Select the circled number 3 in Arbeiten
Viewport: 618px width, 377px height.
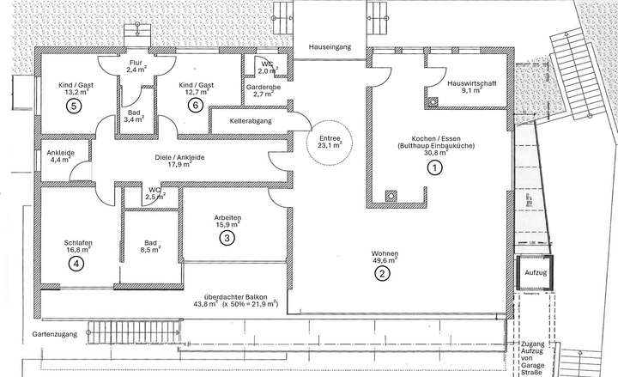(227, 237)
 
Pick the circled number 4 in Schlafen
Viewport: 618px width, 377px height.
(77, 264)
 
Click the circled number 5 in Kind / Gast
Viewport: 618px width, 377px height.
(74, 106)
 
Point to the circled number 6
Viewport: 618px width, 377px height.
(195, 106)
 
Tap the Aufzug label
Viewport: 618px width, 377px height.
(535, 273)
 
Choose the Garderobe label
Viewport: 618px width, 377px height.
(259, 88)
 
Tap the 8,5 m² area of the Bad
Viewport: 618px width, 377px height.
(148, 252)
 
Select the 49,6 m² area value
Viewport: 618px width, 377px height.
(383, 261)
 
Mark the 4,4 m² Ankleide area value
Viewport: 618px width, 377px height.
(60, 161)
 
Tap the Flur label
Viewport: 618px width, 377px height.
(136, 63)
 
